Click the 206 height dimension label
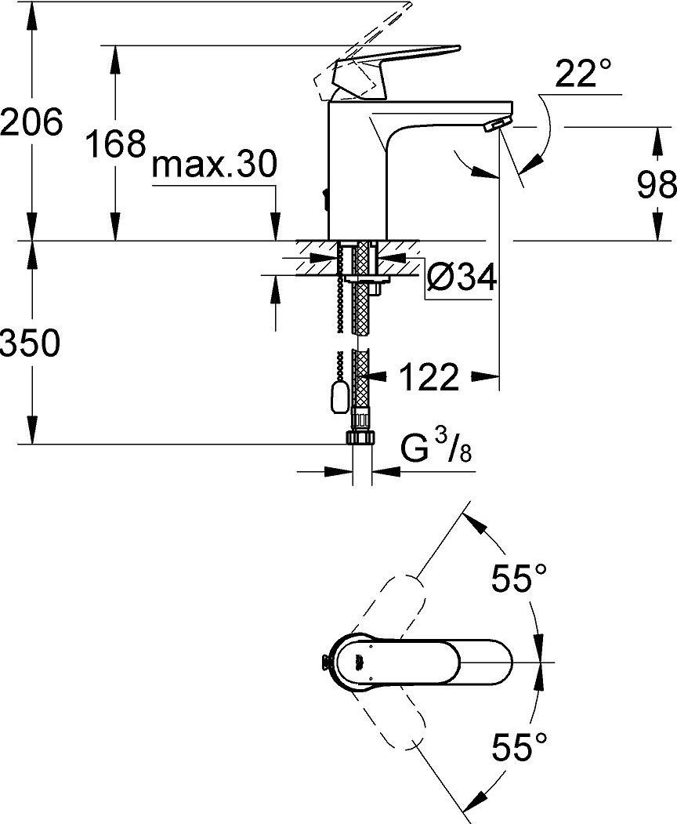(31, 122)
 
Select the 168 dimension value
(115, 143)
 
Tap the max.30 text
(214, 165)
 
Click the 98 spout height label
(657, 185)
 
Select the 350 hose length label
(31, 343)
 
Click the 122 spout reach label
(429, 377)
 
